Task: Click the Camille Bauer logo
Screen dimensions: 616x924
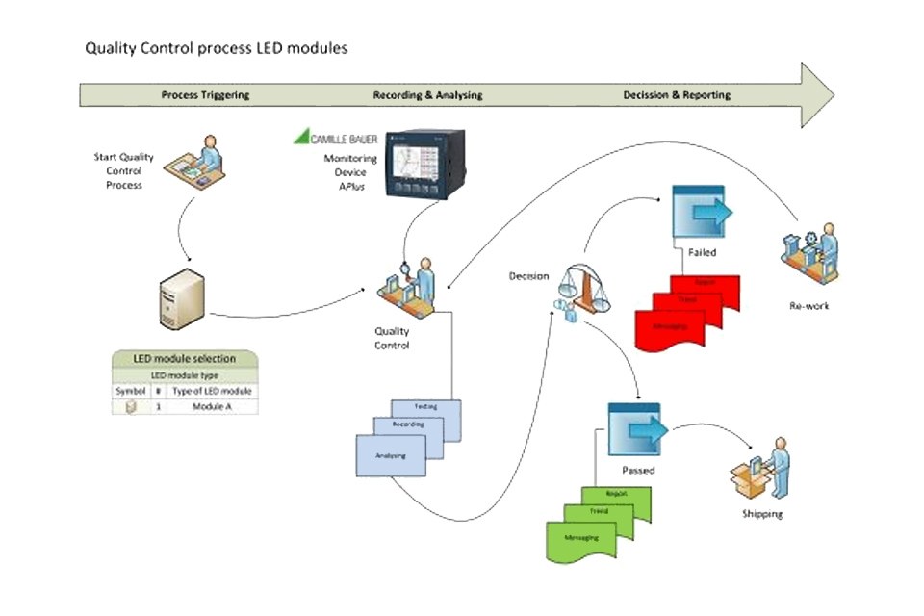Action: coord(336,138)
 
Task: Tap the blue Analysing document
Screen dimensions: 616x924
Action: coord(390,456)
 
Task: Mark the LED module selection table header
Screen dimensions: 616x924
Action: coord(185,359)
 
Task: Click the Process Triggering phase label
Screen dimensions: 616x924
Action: coord(205,95)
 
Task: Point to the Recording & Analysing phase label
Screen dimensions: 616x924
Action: coord(427,95)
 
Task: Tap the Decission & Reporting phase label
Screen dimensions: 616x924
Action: coord(677,95)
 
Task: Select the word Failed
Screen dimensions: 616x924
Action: coord(703,252)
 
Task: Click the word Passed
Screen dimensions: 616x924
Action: coord(638,470)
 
